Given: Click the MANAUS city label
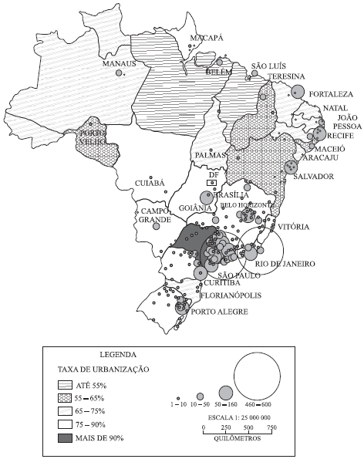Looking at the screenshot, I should pyautogui.click(x=119, y=64).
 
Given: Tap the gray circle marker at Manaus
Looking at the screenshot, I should pyautogui.click(x=120, y=73).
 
